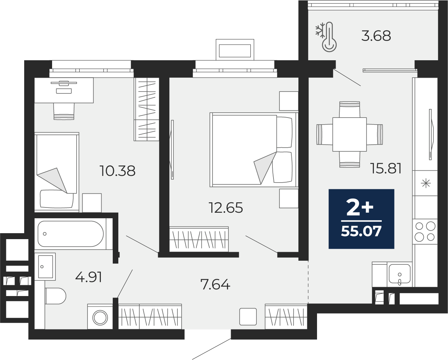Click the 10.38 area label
point(118,171)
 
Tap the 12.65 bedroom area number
point(226,208)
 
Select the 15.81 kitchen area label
point(386,168)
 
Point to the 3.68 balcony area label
point(376,36)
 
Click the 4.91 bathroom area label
point(89,277)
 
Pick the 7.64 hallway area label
point(215,284)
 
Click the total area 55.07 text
point(361,231)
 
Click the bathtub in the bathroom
point(71,234)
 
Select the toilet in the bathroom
point(55,296)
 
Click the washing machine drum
point(100,318)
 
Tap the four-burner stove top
point(425,232)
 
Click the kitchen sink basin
point(400,274)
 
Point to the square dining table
point(349,134)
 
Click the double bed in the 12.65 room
point(254,150)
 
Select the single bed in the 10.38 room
point(57,172)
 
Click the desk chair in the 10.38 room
point(64,111)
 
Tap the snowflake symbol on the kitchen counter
point(426,183)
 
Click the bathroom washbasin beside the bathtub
point(45,267)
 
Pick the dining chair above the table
point(349,109)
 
